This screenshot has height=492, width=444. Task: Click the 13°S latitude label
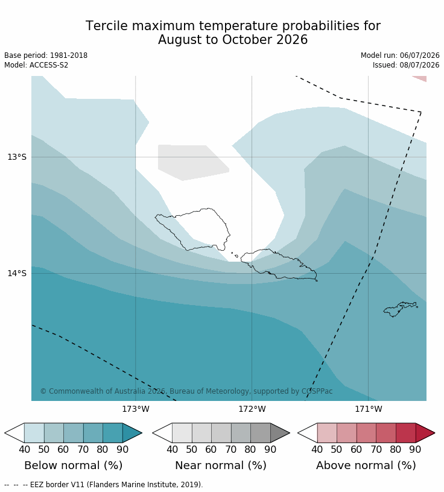coord(17,157)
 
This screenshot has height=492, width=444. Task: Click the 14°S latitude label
coord(17,273)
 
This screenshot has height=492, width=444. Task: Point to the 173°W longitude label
coord(136,409)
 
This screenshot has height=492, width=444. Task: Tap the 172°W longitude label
coord(252,409)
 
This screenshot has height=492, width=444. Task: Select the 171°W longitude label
coord(369,409)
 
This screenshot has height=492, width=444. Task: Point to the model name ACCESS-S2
coord(49,65)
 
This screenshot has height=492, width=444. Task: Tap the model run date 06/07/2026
coord(419,55)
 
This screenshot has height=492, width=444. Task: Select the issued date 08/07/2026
coord(419,65)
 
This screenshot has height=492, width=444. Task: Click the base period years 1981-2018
coord(69,55)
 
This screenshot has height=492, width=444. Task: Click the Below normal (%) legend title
coord(74,465)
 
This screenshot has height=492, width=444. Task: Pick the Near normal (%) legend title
coord(221,465)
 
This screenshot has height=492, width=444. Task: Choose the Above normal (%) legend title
coord(366,465)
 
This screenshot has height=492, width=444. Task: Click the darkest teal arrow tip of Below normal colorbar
coord(133,433)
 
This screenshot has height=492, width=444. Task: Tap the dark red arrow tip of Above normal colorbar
coord(425,433)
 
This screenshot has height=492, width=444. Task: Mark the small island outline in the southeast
coord(399,309)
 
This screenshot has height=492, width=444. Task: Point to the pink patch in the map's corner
coord(420,78)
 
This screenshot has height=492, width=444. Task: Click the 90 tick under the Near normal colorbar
coord(270,449)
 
